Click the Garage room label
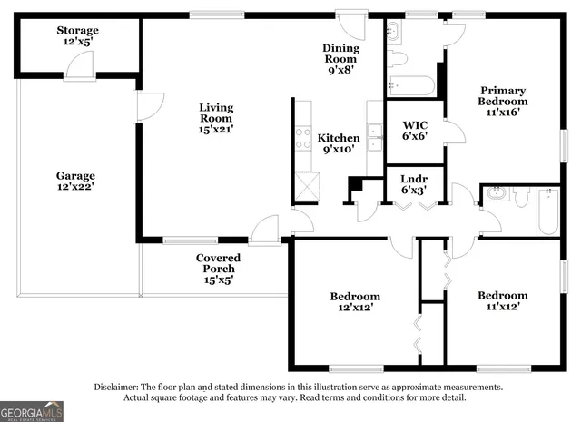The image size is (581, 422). (75, 181)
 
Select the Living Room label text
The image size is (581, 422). (216, 118)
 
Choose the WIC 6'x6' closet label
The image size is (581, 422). (415, 130)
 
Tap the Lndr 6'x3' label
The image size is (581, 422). (414, 184)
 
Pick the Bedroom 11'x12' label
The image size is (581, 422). (502, 301)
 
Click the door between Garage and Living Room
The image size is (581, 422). (143, 106)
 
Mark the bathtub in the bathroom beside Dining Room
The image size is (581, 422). (411, 86)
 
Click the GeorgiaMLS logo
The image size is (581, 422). (33, 411)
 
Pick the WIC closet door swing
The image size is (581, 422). (454, 132)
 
